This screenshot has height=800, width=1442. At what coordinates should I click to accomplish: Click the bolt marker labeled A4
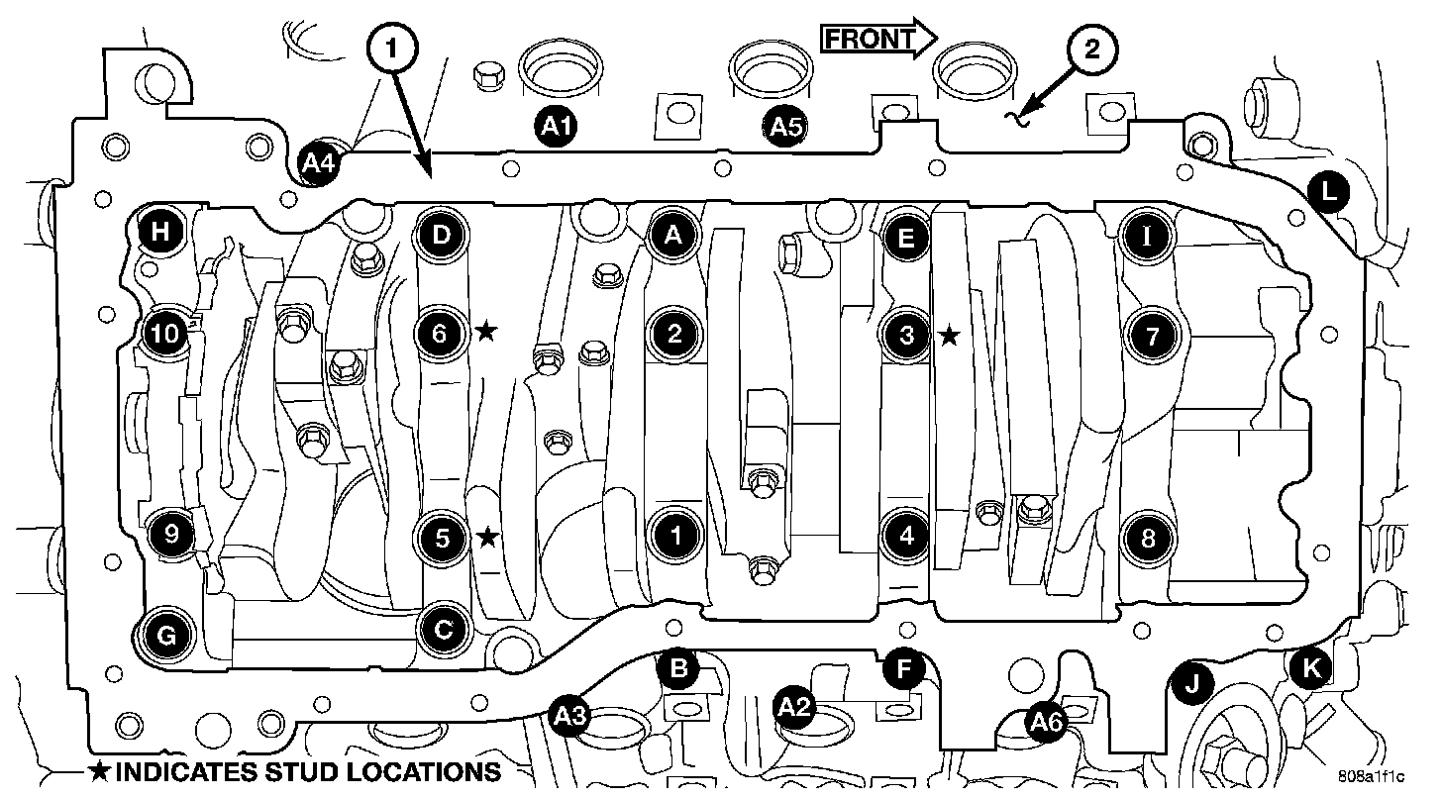tap(319, 163)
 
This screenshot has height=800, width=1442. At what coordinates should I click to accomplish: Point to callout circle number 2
tap(1090, 50)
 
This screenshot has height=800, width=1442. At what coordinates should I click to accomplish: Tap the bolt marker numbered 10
tap(166, 335)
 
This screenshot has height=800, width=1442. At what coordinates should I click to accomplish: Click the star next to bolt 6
tap(485, 331)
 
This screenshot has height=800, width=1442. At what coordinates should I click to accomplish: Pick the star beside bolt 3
tap(949, 336)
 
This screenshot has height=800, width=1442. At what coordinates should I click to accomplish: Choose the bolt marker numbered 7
tap(1152, 336)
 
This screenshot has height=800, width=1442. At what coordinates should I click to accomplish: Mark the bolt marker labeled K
tap(1312, 668)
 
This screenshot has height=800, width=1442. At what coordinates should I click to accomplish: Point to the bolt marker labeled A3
tap(571, 713)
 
